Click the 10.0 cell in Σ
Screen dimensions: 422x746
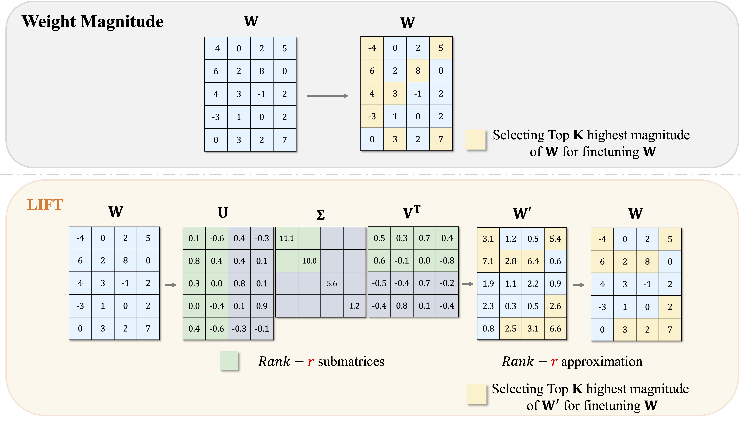309,261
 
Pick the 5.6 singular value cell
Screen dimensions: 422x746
332,283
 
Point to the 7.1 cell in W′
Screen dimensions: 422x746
488,261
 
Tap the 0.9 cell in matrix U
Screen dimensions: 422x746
262,306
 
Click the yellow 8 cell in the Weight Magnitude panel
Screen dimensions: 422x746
418,71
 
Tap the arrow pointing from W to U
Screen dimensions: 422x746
171,285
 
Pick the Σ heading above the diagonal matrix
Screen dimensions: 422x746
320,215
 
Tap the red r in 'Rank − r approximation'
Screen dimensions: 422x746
554,362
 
